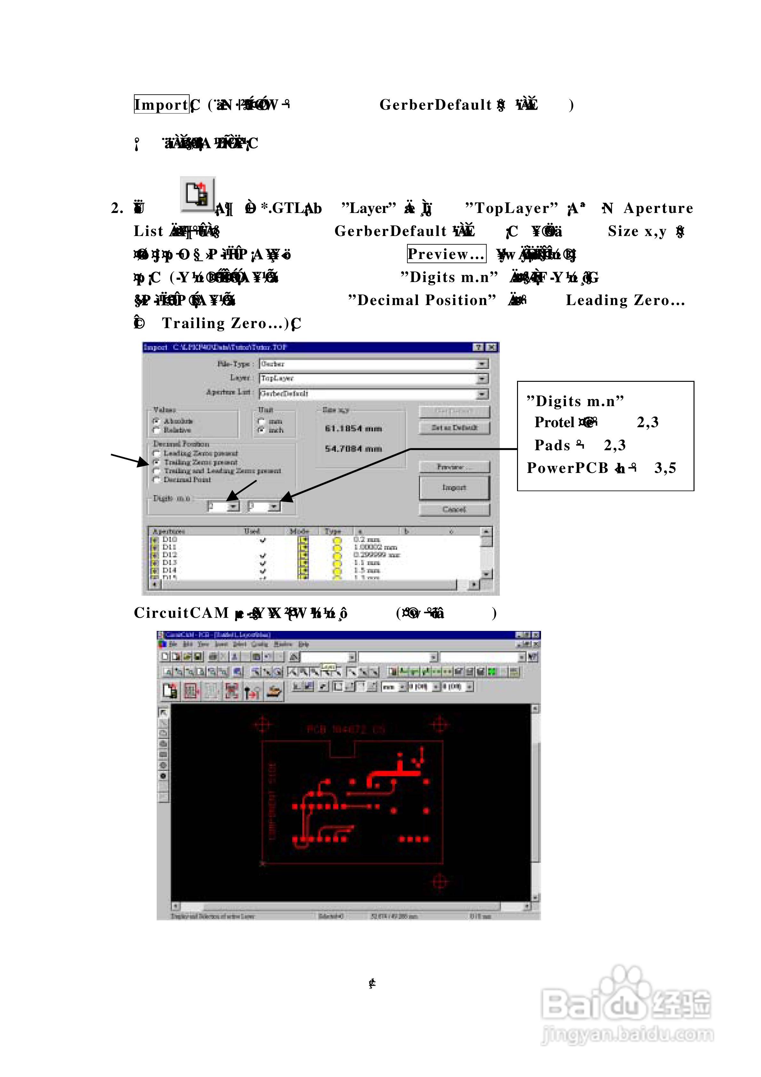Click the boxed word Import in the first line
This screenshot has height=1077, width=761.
tap(161, 104)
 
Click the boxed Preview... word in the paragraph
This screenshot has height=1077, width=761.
tap(446, 254)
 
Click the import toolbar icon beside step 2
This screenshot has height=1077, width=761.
tap(198, 194)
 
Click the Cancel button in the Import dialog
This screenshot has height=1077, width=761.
tap(454, 509)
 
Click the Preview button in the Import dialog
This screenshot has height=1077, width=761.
tap(454, 467)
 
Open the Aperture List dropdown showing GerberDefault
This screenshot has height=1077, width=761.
tap(482, 394)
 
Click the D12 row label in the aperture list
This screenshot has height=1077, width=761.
tap(169, 555)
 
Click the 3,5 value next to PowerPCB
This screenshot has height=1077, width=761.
tap(665, 468)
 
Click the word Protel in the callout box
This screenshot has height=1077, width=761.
tap(554, 422)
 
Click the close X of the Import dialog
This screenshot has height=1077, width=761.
tap(491, 347)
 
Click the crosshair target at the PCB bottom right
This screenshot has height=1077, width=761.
tap(440, 881)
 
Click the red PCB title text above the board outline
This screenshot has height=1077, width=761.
tap(346, 729)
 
